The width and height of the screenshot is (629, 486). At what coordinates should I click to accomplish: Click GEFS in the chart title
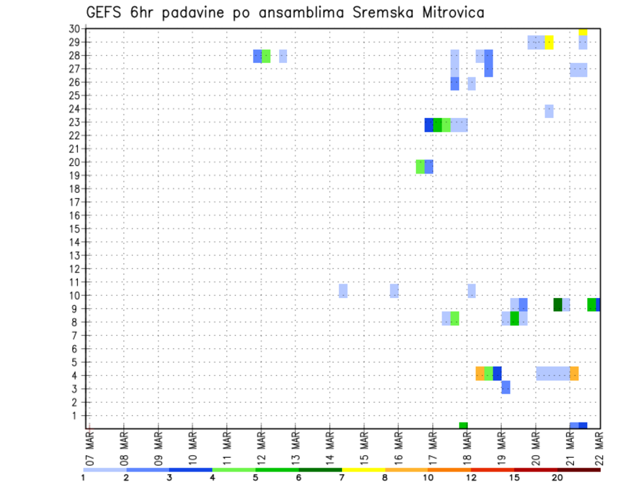(x=107, y=12)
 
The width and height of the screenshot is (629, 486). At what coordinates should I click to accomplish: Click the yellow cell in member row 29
(x=549, y=42)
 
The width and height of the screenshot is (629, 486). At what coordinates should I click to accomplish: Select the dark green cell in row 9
(x=558, y=305)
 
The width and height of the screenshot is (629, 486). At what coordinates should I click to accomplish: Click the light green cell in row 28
(x=266, y=56)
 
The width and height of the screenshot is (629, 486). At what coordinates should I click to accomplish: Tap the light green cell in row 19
(x=420, y=166)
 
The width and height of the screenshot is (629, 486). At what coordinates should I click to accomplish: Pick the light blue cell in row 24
(x=549, y=111)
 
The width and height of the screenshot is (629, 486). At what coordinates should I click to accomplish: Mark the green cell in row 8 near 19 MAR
(x=514, y=318)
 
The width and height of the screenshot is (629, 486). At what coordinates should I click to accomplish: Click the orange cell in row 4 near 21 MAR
(x=574, y=373)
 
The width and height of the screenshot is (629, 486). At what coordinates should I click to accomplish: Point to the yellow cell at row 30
(x=583, y=31)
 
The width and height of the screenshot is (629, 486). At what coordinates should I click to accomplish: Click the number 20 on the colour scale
(x=557, y=478)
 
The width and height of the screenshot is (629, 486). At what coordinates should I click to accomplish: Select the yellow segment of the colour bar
(x=363, y=470)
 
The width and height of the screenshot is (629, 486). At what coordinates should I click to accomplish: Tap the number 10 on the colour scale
(x=427, y=478)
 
